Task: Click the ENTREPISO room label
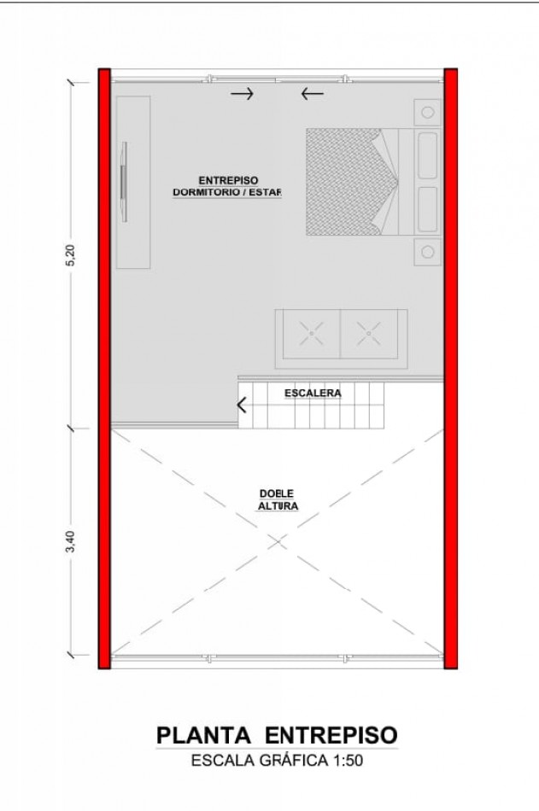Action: pos(228,180)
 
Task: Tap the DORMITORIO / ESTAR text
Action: pos(227,192)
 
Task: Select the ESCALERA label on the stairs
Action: pos(313,393)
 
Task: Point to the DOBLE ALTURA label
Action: pos(278,499)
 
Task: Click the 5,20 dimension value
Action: pos(71,254)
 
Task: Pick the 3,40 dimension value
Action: pos(71,541)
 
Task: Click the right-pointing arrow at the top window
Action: pos(242,94)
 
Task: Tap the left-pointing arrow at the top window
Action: pos(313,94)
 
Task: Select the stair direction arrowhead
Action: pos(242,405)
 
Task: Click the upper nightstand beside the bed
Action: pos(428,112)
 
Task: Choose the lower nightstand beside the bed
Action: pos(428,252)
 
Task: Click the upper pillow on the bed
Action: pos(428,155)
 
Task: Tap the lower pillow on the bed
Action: pos(428,209)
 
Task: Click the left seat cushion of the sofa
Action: pos(312,334)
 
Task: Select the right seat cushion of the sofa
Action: pos(369,334)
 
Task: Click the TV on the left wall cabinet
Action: pos(124,182)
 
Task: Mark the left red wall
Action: pos(104,368)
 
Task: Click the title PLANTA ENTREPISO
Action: pos(277,735)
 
